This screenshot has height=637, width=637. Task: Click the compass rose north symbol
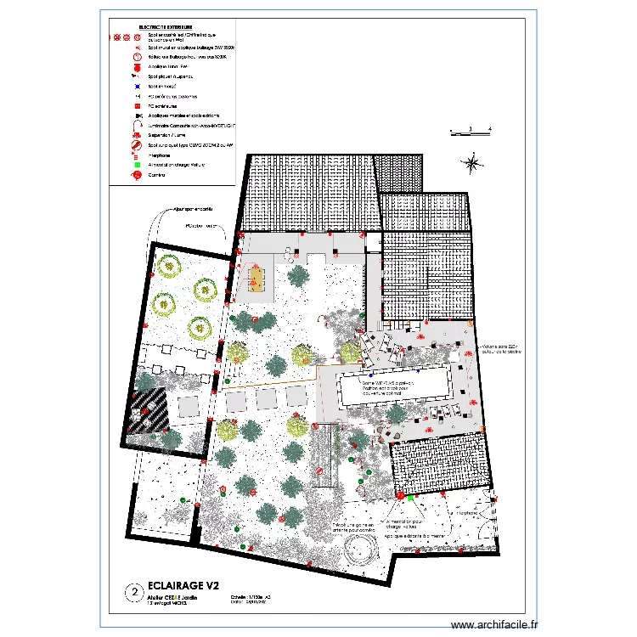point(472,163)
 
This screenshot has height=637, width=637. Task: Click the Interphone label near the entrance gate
point(465,514)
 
